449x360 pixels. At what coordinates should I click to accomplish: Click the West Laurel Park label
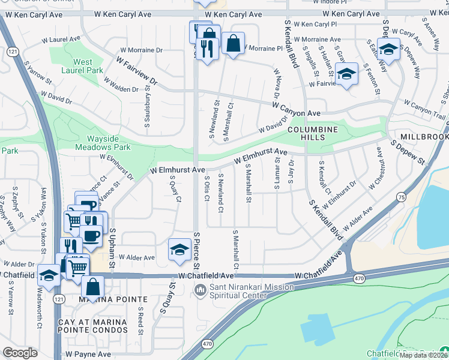pyautogui.click(x=83, y=65)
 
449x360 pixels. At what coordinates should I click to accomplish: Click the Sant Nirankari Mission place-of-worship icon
pyautogui.click(x=199, y=291)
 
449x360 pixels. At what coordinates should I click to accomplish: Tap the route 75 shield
pyautogui.click(x=400, y=197)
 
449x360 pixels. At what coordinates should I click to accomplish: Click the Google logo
pyautogui.click(x=20, y=353)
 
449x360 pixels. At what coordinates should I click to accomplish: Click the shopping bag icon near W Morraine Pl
pyautogui.click(x=233, y=43)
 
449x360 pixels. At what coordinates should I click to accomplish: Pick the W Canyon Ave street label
pyautogui.click(x=296, y=109)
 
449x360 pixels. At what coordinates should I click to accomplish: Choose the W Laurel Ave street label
pyautogui.click(x=61, y=39)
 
